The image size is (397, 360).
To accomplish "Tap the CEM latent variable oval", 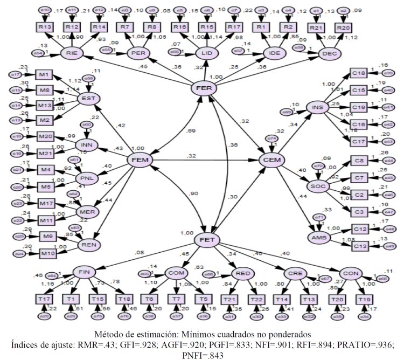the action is click(271, 160).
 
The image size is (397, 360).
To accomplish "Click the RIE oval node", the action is click(71, 53).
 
